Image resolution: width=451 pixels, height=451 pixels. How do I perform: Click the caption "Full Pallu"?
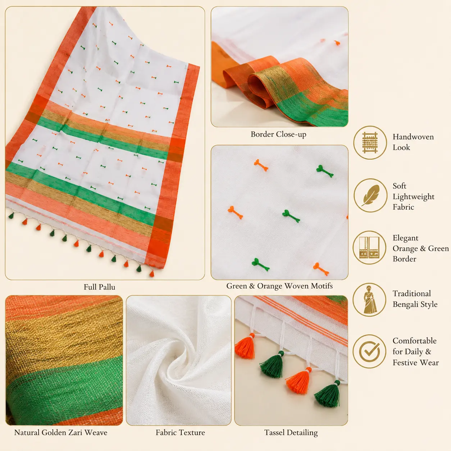point(100,287)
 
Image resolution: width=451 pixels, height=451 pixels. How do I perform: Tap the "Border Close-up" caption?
point(278,135)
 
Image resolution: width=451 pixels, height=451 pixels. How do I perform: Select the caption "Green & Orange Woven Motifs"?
point(279,286)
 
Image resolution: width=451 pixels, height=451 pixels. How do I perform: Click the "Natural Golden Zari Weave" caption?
point(61,433)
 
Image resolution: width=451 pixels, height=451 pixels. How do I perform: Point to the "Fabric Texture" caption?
point(180,433)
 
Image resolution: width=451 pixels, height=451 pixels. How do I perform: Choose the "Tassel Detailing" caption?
point(291,433)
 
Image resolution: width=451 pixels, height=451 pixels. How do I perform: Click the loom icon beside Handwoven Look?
point(370,142)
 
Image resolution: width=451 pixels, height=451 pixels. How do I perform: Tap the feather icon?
point(370,195)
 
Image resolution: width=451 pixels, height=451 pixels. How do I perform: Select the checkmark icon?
point(370,351)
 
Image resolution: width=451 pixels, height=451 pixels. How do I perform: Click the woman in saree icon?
point(370,300)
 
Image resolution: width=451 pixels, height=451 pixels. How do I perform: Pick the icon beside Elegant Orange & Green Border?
point(370,247)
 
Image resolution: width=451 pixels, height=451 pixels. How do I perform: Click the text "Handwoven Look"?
point(413,142)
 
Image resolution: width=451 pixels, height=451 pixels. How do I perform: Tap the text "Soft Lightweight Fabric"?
point(413,196)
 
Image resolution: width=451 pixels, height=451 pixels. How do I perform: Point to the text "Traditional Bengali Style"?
point(415,299)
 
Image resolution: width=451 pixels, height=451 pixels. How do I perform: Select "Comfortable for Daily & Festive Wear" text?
point(416,351)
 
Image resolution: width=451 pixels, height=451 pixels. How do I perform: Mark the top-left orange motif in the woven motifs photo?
point(261,165)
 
